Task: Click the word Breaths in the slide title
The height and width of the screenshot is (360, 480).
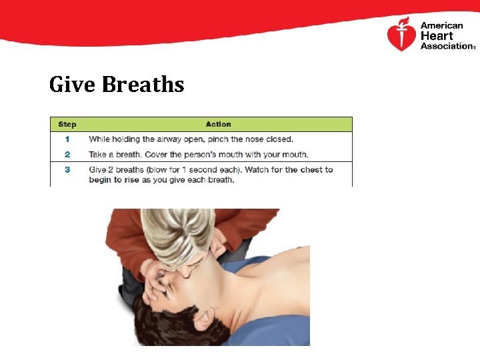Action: [142, 85]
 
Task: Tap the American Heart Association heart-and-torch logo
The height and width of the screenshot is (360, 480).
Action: [401, 35]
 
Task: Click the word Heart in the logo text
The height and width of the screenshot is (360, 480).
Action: [437, 36]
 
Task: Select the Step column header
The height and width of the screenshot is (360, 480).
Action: [67, 124]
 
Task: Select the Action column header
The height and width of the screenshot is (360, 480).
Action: [219, 124]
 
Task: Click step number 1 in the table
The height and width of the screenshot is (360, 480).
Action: [67, 139]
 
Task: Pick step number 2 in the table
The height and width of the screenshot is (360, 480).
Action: [67, 155]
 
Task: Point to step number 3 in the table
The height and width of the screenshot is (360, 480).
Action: [67, 169]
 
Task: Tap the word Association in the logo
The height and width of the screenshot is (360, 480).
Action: [445, 46]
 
